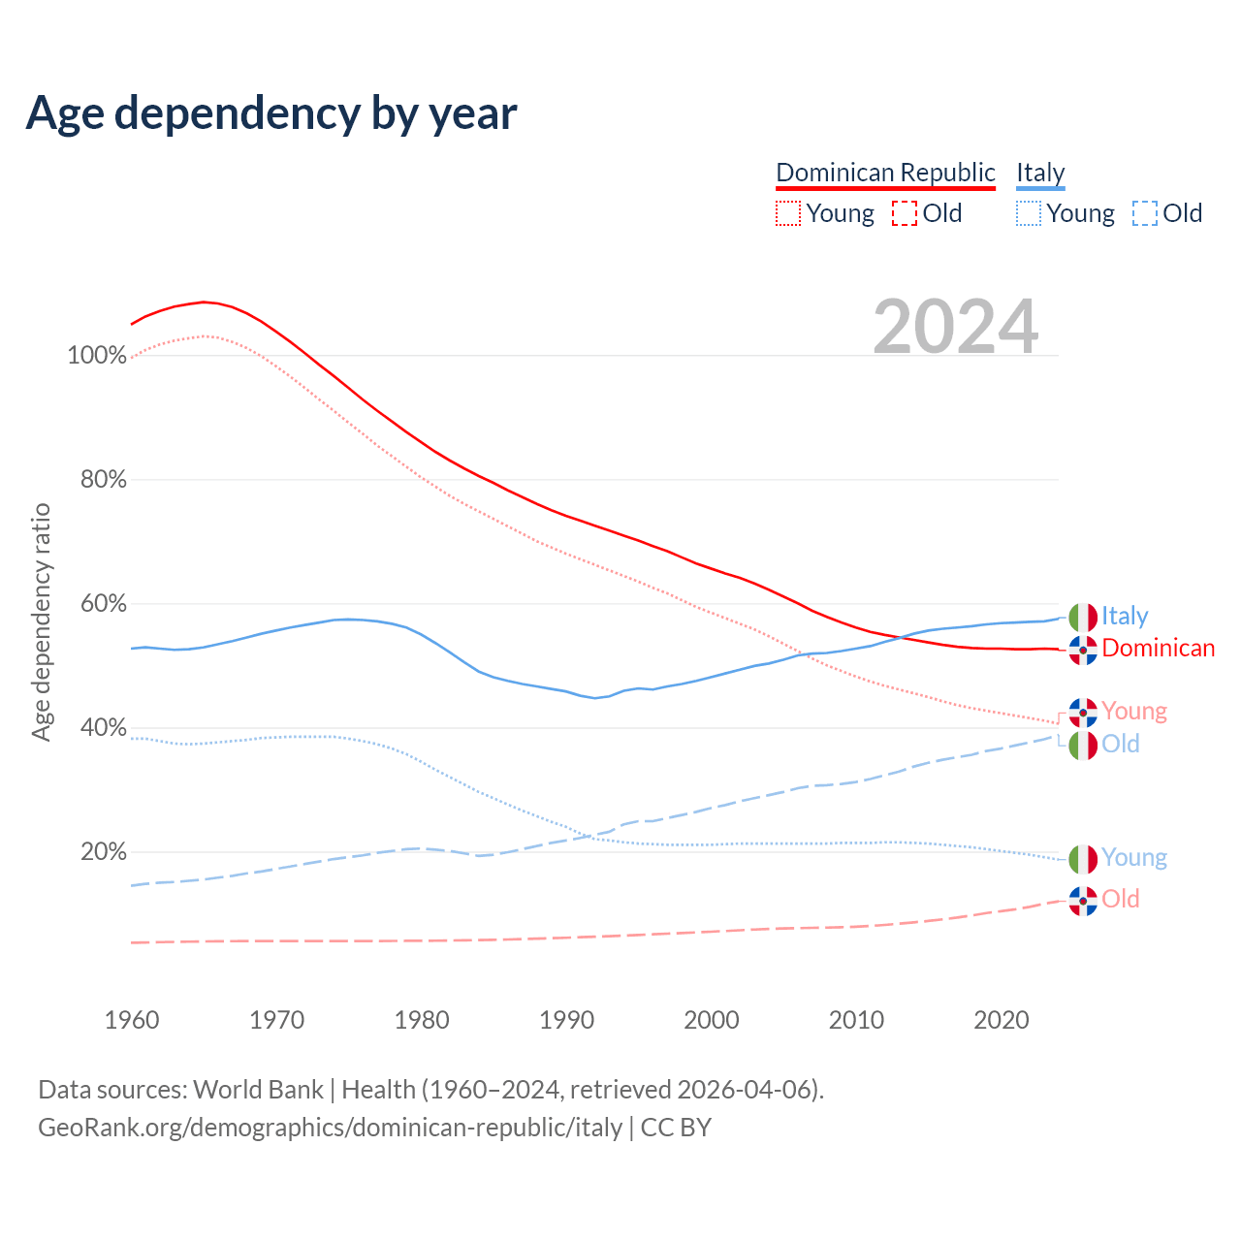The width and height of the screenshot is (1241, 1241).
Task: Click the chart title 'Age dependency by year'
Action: (x=271, y=113)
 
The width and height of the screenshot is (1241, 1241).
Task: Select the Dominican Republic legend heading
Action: (x=885, y=173)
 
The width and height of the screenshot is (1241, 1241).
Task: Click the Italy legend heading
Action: (x=1040, y=173)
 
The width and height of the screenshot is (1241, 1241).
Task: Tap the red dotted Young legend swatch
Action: (x=788, y=213)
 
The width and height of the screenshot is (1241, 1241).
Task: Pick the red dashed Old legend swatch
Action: (x=904, y=213)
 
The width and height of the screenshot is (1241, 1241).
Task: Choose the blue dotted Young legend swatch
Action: (x=1029, y=213)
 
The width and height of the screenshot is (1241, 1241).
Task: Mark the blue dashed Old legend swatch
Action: (x=1144, y=213)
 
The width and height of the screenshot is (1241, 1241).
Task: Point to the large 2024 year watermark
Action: (x=955, y=327)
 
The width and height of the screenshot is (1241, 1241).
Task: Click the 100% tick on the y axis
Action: (x=97, y=356)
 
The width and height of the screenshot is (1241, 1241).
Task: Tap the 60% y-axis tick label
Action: (x=103, y=604)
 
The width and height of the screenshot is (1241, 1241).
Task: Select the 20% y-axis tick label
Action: (x=103, y=852)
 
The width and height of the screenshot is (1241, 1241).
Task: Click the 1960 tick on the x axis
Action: (x=132, y=1020)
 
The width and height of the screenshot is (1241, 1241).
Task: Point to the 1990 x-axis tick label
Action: (x=567, y=1020)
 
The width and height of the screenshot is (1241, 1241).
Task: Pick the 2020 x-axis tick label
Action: (x=1002, y=1020)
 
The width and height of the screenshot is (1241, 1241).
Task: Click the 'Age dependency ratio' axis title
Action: (x=41, y=621)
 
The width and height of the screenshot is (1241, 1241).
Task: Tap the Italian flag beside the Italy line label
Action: (x=1083, y=617)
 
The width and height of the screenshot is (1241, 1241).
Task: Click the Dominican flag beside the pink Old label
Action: (x=1083, y=901)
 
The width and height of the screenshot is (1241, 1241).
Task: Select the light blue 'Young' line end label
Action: (x=1133, y=858)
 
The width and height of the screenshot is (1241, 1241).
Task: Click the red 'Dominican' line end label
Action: (x=1158, y=649)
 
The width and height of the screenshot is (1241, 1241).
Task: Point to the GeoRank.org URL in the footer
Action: (x=330, y=1128)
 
